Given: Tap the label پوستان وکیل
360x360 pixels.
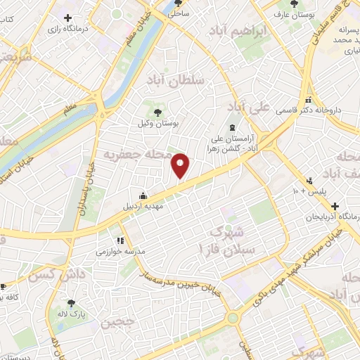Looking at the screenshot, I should pos(157,122).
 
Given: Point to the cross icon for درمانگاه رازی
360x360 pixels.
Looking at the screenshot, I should pos(67,18).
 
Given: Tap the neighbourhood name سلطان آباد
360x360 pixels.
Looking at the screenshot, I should pos(174,82).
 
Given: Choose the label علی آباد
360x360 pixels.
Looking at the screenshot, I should pos(250,108).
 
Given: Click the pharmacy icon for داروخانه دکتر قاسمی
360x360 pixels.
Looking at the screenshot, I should pos(309,100).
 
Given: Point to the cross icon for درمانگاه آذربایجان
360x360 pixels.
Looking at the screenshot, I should pos(335,207).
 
